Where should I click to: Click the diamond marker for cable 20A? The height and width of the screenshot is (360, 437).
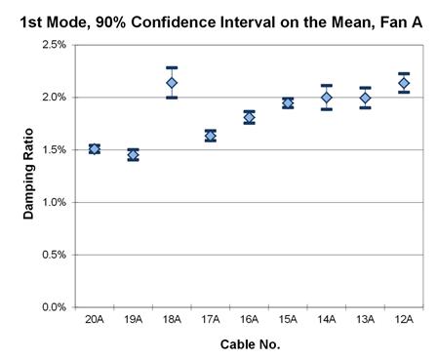95,149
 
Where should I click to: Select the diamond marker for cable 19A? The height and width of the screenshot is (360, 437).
133,154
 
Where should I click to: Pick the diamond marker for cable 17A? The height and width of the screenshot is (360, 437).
210,136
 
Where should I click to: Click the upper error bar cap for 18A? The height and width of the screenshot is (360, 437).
172,67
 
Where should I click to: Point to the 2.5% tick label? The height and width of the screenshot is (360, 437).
52,45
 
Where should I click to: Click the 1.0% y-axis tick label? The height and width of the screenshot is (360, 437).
52,202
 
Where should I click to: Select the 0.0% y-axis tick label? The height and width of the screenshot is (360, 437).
52,307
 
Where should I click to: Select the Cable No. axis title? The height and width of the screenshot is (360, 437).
249,343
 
